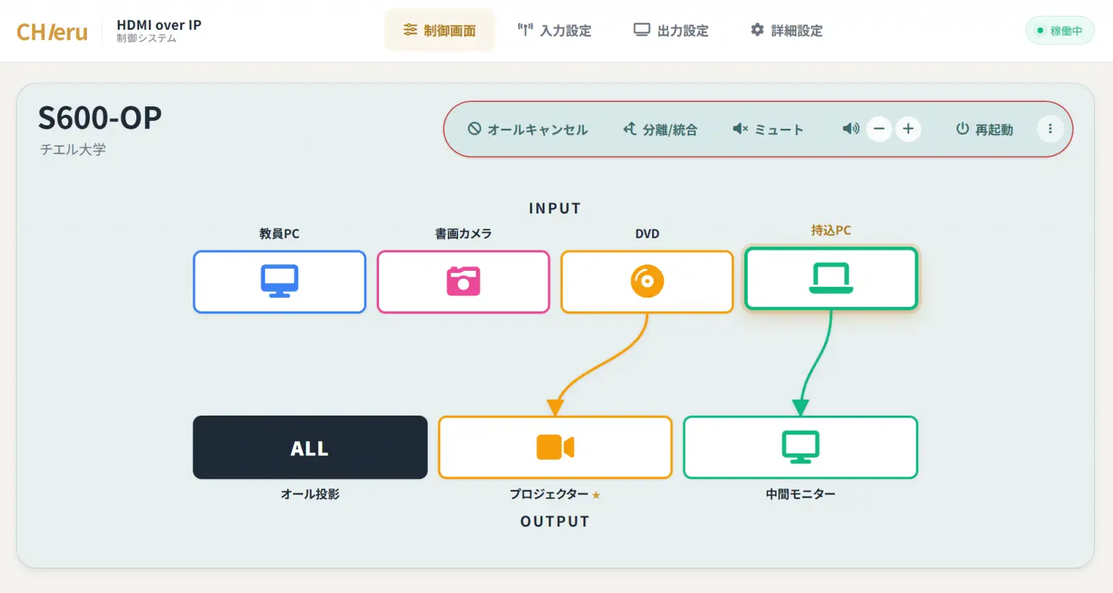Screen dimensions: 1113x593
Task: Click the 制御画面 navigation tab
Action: [x=440, y=30]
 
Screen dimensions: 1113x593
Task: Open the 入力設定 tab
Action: [x=554, y=30]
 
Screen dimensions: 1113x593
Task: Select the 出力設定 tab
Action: [x=671, y=30]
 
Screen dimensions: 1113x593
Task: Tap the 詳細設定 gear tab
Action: [x=786, y=30]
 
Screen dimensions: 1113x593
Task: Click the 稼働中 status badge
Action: [x=1060, y=31]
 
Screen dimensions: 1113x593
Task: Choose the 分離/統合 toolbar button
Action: [x=660, y=129]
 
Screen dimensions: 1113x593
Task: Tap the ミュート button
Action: [x=767, y=129]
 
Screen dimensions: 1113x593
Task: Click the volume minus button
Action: [x=878, y=129]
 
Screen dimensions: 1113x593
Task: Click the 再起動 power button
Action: [x=984, y=129]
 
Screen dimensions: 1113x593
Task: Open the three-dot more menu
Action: [x=1050, y=129]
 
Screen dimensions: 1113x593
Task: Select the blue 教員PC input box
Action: [x=280, y=282]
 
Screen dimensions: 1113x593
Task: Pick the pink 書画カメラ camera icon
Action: [x=463, y=281]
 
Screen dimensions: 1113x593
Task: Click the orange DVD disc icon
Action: [x=647, y=281]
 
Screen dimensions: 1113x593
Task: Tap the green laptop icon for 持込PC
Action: [x=831, y=277]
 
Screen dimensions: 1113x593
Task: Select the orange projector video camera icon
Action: [x=555, y=447]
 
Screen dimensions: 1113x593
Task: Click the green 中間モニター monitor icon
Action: [x=801, y=447]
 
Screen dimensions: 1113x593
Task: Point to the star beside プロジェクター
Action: [x=596, y=495]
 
